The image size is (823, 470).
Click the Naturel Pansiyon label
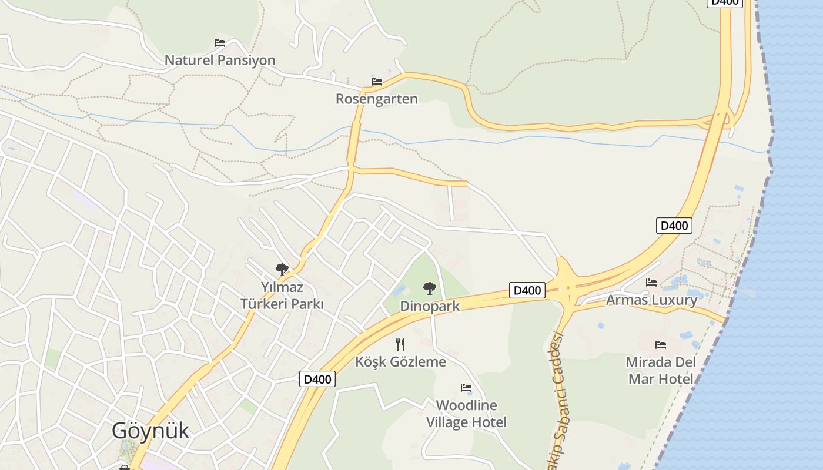tap(220, 60)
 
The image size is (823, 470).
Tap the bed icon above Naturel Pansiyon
tap(220, 43)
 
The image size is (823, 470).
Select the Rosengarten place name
tap(376, 99)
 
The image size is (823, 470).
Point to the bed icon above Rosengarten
tap(377, 82)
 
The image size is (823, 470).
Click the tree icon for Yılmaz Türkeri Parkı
tap(282, 270)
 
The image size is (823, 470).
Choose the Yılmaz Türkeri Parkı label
tap(282, 296)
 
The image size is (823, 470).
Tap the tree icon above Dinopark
tap(430, 288)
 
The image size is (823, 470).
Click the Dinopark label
tap(430, 306)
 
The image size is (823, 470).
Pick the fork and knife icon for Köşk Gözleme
tap(400, 344)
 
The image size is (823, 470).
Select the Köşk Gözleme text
tap(400, 362)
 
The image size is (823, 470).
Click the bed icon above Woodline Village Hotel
tap(466, 388)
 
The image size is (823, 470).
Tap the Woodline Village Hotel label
tap(466, 414)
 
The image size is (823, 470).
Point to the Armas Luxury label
tap(651, 300)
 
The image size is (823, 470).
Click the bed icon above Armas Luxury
tap(651, 283)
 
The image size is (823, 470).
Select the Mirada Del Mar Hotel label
tap(661, 370)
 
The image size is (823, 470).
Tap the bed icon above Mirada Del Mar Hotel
tap(661, 345)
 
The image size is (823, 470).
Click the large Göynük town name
tap(150, 431)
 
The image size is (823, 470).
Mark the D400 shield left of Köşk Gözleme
tap(317, 379)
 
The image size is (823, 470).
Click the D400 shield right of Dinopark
tap(527, 290)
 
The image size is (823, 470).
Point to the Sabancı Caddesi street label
tap(558, 399)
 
